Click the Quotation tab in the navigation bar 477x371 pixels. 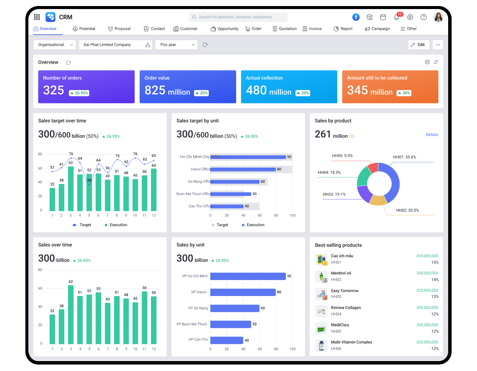point(285,29)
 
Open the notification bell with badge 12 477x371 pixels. point(396,17)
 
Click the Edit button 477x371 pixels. point(418,45)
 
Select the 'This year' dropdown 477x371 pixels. point(176,45)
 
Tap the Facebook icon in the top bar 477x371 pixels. point(356,17)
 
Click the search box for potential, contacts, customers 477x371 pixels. point(238,17)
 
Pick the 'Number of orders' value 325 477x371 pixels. point(54,90)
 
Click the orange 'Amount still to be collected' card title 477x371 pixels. point(377,78)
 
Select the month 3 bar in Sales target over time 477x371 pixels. point(71,188)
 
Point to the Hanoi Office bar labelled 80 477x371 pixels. point(243,169)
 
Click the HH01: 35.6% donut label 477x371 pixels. point(404,157)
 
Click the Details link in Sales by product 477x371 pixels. point(431,135)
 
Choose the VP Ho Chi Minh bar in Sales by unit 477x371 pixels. point(248,276)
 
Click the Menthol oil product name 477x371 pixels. point(341,273)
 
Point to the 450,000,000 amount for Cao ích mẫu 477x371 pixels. point(427,256)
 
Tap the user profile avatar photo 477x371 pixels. point(438,17)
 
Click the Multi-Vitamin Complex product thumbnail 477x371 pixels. point(321,346)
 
